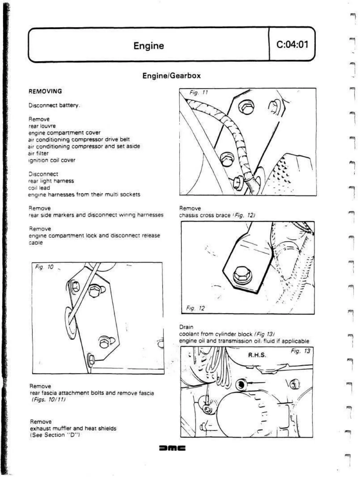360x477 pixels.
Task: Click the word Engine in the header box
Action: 148,46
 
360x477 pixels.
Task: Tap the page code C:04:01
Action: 292,44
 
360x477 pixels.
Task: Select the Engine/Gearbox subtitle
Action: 171,76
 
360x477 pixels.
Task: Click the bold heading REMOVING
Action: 45,91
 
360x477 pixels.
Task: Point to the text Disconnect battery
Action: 54,105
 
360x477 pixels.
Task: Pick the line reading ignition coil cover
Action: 52,160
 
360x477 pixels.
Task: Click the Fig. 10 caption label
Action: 44,267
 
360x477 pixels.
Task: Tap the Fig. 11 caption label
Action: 198,93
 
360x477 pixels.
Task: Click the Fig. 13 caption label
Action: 300,351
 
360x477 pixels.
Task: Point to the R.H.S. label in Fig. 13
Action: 257,355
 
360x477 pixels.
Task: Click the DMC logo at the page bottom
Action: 172,448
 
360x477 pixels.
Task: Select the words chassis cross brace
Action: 205,215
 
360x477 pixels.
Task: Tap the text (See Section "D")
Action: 55,435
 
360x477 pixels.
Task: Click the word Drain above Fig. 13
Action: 186,327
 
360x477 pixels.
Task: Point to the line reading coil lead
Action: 39,188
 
